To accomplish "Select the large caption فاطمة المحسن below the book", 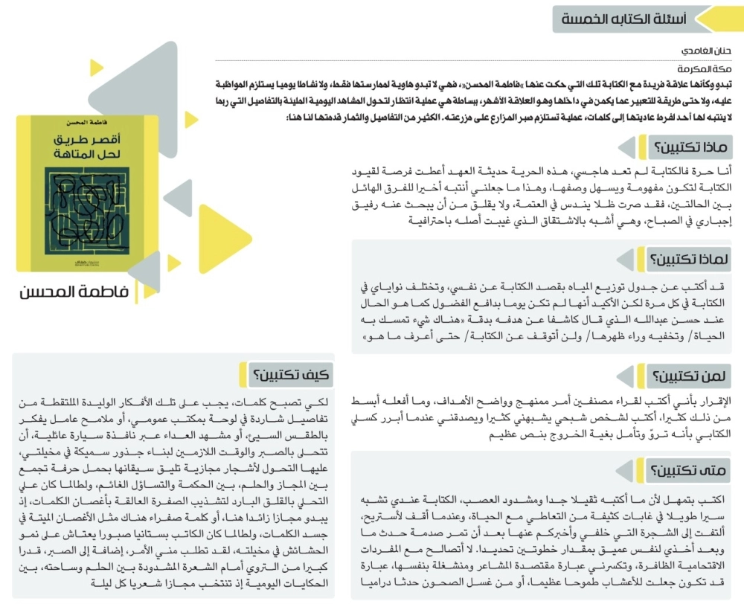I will pyautogui.click(x=74, y=292).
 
